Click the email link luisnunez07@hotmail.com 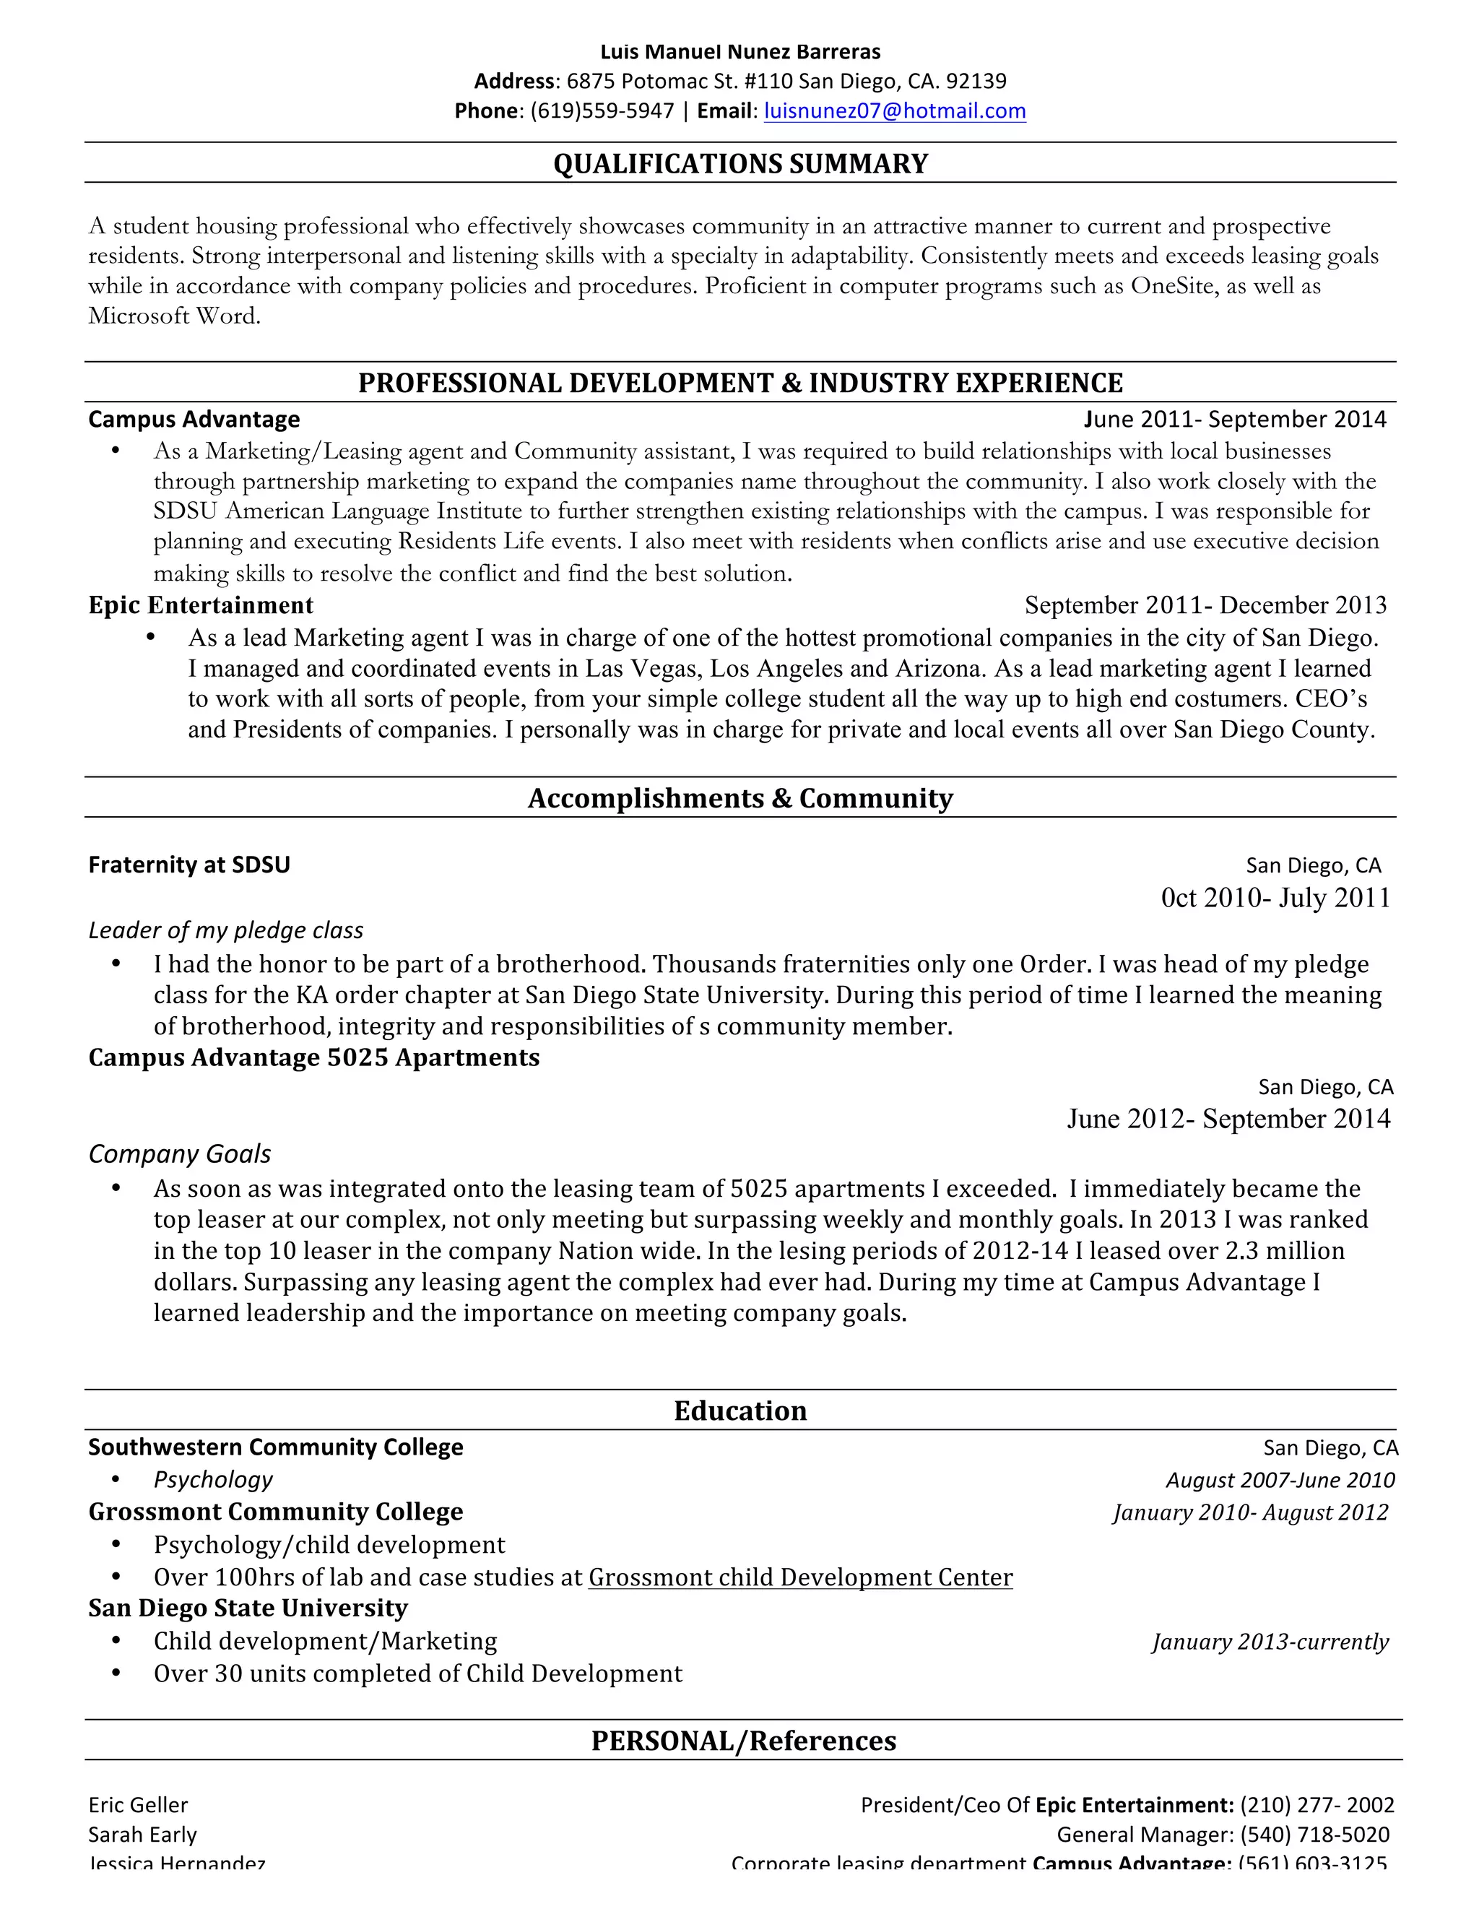[895, 111]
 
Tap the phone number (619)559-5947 [603, 111]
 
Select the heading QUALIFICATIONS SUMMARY [740, 164]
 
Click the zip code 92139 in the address [976, 82]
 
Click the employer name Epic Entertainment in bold [201, 605]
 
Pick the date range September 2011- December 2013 [1205, 605]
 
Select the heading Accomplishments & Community [740, 798]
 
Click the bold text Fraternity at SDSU [189, 865]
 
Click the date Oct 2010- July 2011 [1275, 898]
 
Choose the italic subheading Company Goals [180, 1154]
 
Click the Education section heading [740, 1411]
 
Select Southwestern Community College [276, 1447]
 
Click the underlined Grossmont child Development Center [800, 1577]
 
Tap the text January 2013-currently [1270, 1642]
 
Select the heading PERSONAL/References [744, 1741]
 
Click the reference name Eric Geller [139, 1806]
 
